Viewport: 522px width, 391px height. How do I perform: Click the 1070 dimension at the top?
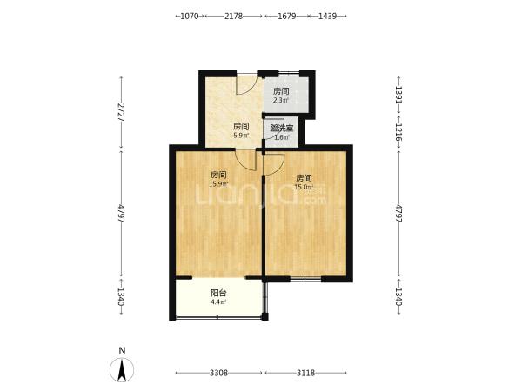tap(189, 16)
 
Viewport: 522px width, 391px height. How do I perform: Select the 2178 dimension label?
tap(233, 16)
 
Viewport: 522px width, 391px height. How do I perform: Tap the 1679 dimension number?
tap(286, 16)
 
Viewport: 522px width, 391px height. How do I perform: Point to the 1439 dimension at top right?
tap(327, 16)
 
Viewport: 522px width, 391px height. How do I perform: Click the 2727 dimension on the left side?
tap(122, 112)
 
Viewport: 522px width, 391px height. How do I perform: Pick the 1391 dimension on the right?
tap(398, 95)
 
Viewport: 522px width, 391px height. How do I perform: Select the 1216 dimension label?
tap(398, 132)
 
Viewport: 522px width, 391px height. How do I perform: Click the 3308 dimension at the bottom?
tap(218, 373)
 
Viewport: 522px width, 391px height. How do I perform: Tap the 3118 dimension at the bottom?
tap(305, 373)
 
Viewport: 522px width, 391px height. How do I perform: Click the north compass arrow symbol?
tap(122, 370)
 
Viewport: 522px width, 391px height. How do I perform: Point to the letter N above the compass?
tap(122, 350)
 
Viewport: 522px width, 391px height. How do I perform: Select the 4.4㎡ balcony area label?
tap(218, 302)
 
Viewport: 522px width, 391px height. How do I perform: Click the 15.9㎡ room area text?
tap(218, 184)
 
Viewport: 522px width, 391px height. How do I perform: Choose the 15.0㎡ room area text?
tap(304, 187)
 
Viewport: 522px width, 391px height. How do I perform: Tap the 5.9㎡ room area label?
tap(241, 136)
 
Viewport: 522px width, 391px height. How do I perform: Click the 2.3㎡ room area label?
tap(281, 100)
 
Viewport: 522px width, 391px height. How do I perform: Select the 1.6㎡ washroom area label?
tap(281, 137)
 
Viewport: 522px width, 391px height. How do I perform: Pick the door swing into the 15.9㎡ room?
tap(245, 160)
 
